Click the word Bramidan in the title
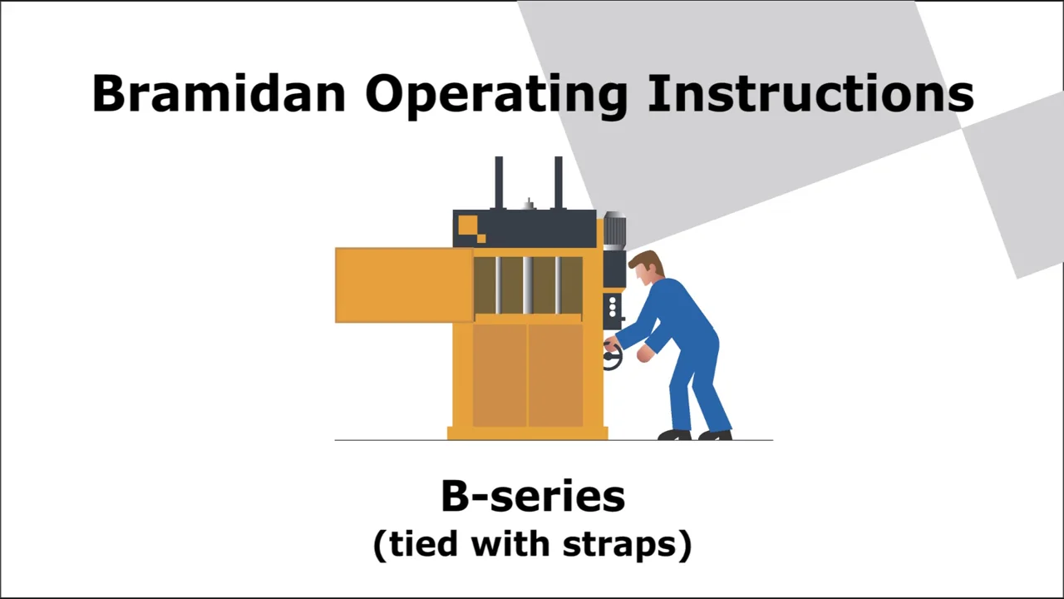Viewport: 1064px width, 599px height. pos(218,93)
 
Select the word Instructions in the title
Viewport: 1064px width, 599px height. pos(810,93)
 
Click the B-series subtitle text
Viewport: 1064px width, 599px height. pos(532,497)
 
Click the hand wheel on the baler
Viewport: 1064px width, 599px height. pos(612,357)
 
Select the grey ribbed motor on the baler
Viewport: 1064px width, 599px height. pos(614,231)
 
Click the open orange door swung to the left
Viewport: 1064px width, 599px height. pos(404,285)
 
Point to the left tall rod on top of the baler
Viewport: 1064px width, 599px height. pos(499,182)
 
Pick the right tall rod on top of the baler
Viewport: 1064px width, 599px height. pos(559,182)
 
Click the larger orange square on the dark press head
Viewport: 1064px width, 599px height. pos(467,225)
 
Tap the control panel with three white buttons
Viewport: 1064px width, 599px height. pos(613,308)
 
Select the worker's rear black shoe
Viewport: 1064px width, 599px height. pos(716,434)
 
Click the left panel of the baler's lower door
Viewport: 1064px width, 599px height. pos(500,374)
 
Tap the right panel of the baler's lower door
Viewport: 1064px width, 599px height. pos(554,374)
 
